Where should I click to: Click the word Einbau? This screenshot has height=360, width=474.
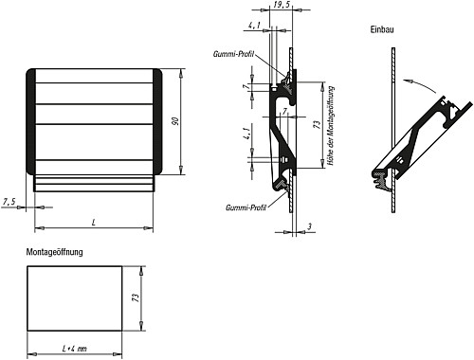point(381,31)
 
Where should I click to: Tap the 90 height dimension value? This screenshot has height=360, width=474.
point(174,122)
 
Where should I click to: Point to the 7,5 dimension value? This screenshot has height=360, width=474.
point(10,201)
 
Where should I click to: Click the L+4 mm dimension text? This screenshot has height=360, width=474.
point(74,350)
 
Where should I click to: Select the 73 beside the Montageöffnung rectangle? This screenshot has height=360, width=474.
point(137,297)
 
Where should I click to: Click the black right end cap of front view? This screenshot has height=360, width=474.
point(158,122)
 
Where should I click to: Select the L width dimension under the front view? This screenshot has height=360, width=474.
point(94,222)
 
